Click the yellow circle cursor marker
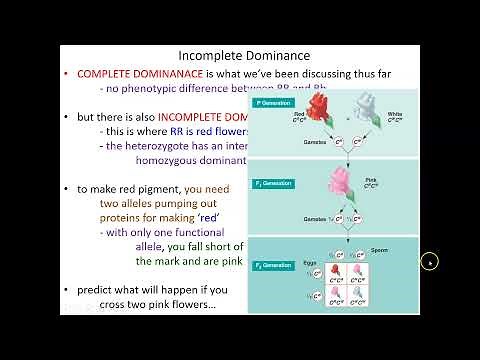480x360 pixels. coord(430,263)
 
